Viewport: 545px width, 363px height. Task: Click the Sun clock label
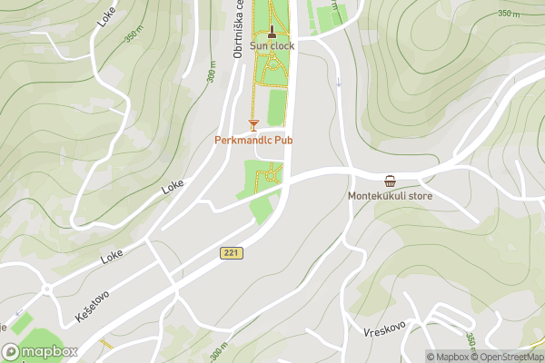[272, 46]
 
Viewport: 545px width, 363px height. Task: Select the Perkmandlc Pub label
[253, 141]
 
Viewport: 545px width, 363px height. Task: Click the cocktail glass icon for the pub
[253, 124]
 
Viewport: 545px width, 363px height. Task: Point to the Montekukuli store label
[390, 195]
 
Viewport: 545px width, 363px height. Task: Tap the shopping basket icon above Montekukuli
[390, 180]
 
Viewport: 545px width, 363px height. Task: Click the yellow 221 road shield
[232, 253]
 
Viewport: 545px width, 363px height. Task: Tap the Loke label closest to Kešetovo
[113, 257]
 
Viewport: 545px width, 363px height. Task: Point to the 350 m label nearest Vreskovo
[471, 339]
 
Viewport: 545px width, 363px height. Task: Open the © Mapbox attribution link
[448, 357]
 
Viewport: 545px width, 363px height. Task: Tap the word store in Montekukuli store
[420, 195]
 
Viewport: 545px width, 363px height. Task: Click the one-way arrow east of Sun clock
[339, 83]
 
